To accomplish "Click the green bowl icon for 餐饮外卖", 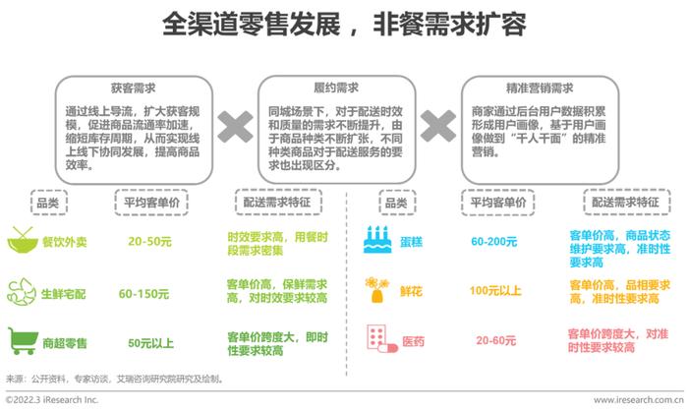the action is coord(23,240).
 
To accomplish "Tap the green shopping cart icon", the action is coord(23,341).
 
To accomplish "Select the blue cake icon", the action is coord(377,240).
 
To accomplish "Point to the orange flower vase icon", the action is coord(377,290).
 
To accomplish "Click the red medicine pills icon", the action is coord(381,339).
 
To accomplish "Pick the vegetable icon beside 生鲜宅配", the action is coord(22,292).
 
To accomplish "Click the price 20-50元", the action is coord(149,241).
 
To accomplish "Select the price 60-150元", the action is coord(143,294).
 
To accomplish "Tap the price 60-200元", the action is coord(494,241).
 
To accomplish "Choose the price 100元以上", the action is coord(495,290).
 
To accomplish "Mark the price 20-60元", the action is coord(495,340).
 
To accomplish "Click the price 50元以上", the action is coord(150,343).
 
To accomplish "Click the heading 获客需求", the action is coord(133,88).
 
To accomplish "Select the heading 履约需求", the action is coord(336,88).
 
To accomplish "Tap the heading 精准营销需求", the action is coord(540,88).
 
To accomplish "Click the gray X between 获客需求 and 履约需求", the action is coord(235,127).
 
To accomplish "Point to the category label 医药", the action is coord(414,341).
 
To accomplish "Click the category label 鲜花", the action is coord(411,291).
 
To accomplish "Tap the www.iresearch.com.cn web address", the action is coord(639,400).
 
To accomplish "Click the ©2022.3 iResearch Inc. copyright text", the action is coord(52,400).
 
